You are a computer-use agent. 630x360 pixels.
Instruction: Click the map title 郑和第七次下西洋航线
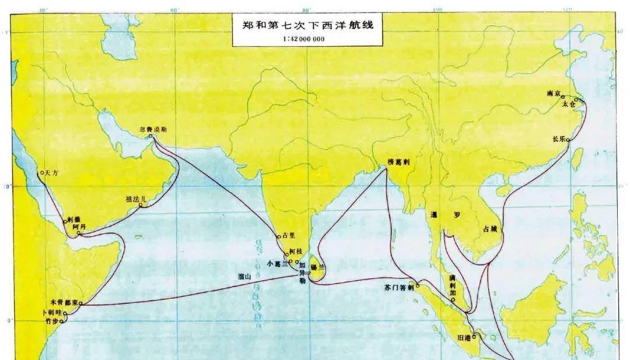click(307, 26)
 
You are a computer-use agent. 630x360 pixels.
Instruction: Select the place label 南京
click(554, 93)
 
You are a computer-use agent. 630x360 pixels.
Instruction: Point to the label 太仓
click(568, 104)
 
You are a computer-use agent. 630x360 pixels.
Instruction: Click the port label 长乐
click(558, 139)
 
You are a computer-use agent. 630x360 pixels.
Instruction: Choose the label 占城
click(491, 229)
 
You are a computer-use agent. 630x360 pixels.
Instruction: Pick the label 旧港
click(466, 337)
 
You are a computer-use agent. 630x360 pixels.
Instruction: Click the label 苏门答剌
click(399, 288)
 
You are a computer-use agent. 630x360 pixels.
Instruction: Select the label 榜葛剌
click(401, 163)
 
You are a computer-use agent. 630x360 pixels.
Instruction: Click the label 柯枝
click(296, 251)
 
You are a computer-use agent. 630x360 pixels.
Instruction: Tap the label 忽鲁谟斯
click(152, 130)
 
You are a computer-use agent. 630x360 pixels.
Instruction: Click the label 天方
click(52, 173)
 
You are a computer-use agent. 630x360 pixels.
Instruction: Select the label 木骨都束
click(64, 303)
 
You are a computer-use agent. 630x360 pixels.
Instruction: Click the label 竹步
click(50, 320)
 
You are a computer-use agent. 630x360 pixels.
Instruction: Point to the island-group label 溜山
click(245, 277)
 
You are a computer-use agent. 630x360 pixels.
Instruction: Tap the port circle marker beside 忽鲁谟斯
click(150, 137)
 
